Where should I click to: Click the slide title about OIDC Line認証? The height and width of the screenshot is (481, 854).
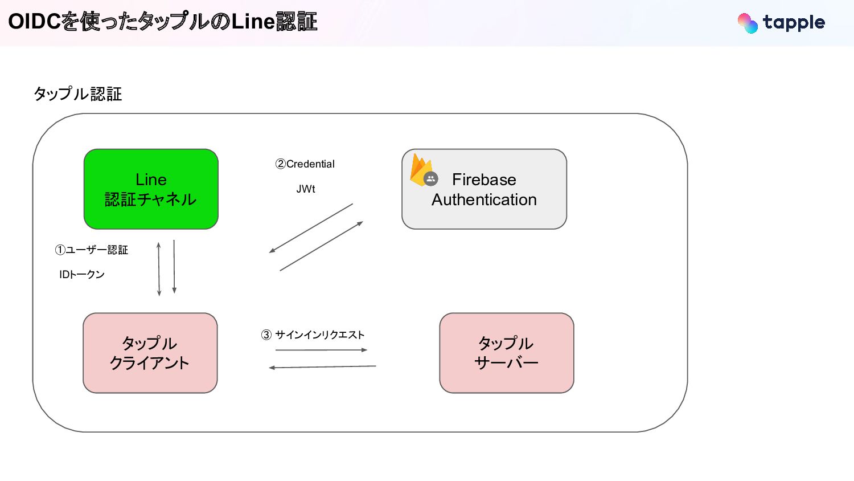[x=162, y=22]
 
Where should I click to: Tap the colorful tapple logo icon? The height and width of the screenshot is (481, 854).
[x=748, y=23]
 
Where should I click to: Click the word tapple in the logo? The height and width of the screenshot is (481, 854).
[x=794, y=23]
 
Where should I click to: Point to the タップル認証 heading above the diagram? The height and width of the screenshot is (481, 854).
[x=78, y=94]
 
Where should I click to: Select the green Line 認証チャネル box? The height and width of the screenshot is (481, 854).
[x=151, y=189]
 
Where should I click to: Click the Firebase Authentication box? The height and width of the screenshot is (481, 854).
[x=484, y=189]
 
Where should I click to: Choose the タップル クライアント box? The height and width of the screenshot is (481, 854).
[x=150, y=353]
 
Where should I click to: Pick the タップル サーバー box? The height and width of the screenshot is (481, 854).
[x=506, y=353]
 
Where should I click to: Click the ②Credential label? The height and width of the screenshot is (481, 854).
[x=305, y=164]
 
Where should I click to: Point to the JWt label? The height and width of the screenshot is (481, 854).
[x=306, y=189]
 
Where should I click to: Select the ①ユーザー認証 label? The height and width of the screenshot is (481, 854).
[x=92, y=250]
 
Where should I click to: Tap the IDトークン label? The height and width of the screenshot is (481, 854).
[x=82, y=275]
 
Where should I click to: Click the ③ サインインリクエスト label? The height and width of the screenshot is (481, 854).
[x=313, y=335]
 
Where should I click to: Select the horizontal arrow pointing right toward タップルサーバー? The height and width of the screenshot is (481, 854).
[x=321, y=350]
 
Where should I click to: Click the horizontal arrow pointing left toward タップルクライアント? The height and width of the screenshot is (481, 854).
[x=322, y=367]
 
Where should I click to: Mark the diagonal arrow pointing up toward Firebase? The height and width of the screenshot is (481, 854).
[x=322, y=246]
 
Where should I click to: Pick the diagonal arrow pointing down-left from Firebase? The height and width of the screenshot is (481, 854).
[x=311, y=228]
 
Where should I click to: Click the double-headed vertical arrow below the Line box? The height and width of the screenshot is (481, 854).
[x=159, y=269]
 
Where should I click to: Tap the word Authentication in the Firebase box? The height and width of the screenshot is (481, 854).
[x=484, y=200]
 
